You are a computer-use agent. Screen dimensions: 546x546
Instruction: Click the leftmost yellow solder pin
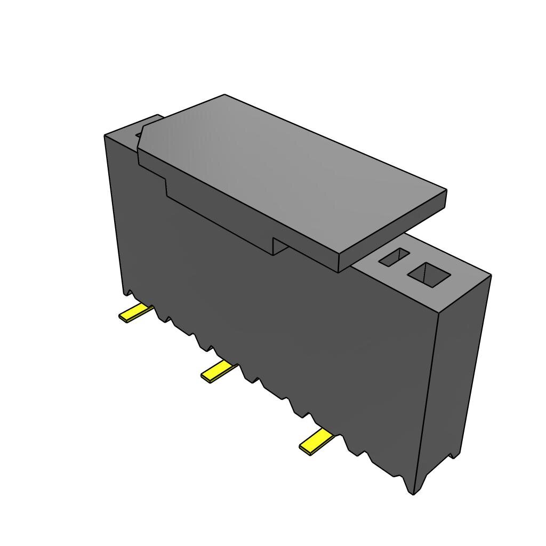point(133,314)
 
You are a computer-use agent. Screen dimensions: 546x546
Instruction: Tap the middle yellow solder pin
point(218,371)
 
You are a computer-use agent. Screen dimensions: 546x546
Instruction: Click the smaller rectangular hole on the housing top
point(395,258)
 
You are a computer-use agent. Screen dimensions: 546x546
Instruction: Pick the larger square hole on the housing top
point(429,274)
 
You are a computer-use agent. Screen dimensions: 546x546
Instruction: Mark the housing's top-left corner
point(105,135)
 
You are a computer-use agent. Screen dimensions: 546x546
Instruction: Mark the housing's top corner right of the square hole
point(490,275)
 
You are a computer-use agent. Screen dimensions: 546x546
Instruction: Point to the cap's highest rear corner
point(224,95)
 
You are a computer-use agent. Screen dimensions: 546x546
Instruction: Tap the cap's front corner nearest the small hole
point(339,270)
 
